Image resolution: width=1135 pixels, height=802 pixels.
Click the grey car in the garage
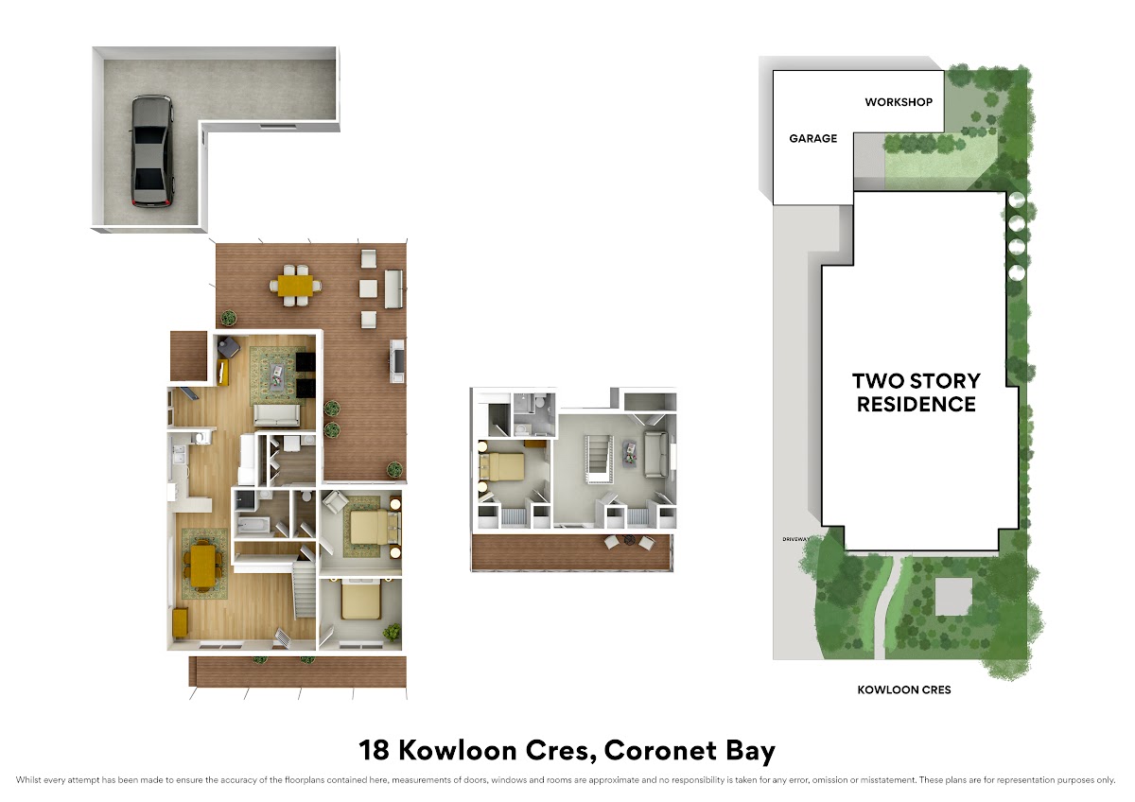(152, 151)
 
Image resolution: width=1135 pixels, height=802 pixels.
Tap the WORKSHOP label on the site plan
(899, 102)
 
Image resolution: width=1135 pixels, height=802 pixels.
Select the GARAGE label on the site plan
(812, 138)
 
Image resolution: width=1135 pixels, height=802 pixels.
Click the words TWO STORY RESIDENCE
(917, 392)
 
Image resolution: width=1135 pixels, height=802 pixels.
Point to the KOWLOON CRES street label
(904, 689)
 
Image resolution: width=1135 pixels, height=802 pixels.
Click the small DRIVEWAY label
(796, 539)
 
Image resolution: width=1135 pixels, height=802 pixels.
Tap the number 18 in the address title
(374, 750)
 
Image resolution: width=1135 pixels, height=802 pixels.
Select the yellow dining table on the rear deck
(296, 286)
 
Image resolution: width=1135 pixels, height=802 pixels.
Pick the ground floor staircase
(305, 590)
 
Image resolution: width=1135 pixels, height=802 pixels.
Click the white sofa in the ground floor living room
(276, 415)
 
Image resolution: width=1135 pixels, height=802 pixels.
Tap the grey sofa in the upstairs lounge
(655, 454)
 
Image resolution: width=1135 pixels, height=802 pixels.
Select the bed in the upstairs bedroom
(501, 466)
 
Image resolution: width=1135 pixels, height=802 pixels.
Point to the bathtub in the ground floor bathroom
(253, 525)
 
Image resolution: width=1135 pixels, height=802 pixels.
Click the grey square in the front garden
(953, 597)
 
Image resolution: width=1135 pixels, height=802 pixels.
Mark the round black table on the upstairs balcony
(629, 541)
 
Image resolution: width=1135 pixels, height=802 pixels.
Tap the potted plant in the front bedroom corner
(392, 633)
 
